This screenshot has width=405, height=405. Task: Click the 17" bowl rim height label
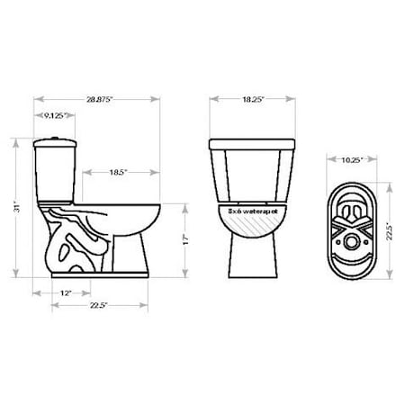[184, 239]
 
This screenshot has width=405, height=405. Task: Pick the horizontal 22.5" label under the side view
[99, 306]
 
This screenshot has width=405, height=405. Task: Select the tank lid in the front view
[252, 144]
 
